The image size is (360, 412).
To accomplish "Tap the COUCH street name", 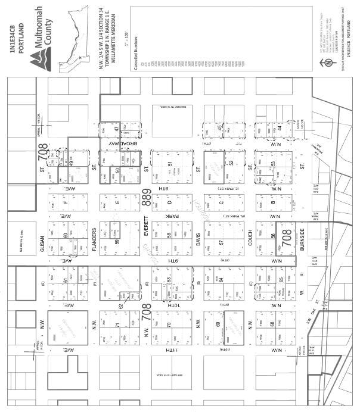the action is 250,241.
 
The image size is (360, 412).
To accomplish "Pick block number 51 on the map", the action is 170,164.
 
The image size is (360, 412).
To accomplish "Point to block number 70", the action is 169,325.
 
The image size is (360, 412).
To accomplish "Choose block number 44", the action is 278,127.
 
